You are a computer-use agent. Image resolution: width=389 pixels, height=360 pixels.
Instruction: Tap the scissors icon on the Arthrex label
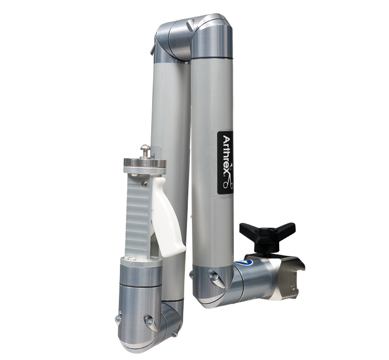point(227,180)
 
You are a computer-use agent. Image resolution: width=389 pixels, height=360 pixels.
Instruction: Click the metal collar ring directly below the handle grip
point(141,275)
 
